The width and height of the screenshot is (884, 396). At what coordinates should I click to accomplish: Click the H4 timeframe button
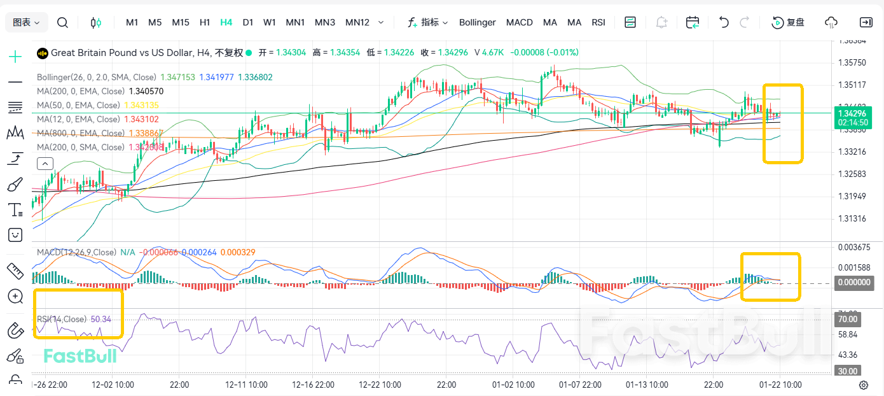point(226,22)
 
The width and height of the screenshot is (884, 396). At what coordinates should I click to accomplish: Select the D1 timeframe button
point(248,22)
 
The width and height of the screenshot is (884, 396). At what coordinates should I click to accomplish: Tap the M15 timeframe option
point(181,22)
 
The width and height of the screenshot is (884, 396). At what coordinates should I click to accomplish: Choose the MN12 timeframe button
point(357,22)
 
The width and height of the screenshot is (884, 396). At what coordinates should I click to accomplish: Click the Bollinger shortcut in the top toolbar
point(477,22)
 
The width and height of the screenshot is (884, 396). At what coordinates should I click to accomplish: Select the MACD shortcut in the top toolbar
point(520,22)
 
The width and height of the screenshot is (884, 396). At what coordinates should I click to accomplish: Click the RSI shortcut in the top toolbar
point(598,22)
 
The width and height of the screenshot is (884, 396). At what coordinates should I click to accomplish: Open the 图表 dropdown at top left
point(26,22)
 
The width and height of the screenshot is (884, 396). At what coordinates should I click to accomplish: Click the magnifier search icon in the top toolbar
point(62,22)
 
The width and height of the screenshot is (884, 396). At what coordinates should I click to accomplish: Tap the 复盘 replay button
point(789,22)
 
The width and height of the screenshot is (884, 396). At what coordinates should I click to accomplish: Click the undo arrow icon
point(724,22)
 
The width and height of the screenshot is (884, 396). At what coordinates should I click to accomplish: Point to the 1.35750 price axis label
point(852,62)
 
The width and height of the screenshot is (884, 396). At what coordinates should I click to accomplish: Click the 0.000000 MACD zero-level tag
point(853,283)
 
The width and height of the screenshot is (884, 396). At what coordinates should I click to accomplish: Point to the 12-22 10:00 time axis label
point(380,385)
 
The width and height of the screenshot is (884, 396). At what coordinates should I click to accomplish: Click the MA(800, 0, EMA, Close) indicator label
point(81,133)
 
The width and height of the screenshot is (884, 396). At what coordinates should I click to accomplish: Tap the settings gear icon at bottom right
point(864,385)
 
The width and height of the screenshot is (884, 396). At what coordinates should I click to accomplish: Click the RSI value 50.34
point(101,319)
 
